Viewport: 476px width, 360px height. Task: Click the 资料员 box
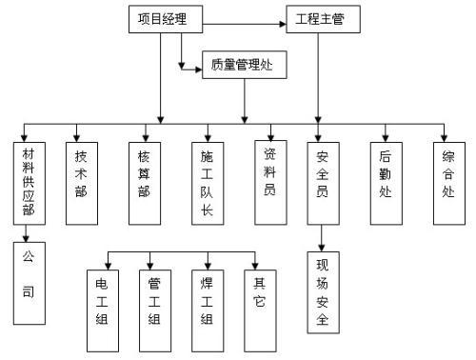click(x=269, y=171)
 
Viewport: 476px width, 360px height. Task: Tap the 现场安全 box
click(x=323, y=292)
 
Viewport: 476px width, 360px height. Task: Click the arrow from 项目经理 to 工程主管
click(x=244, y=20)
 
